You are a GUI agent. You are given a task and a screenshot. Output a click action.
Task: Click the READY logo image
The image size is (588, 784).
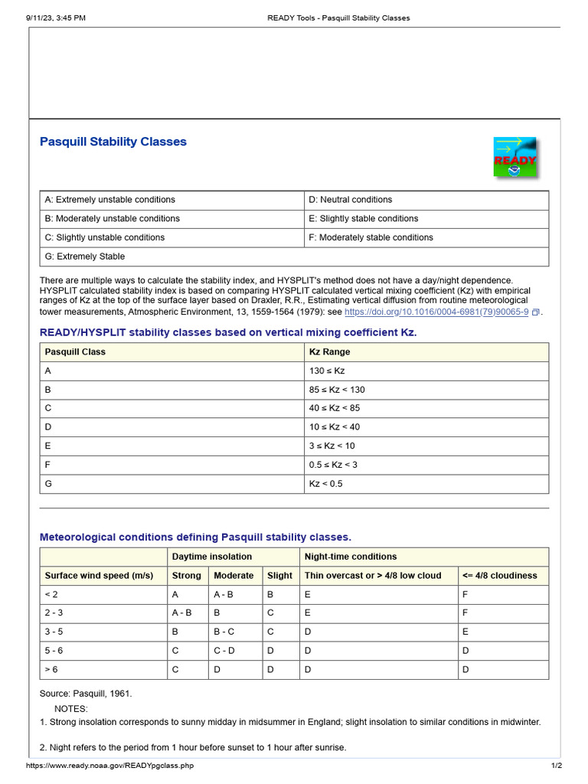(514, 158)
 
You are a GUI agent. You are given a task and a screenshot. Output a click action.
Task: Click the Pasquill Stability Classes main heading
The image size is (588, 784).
(113, 142)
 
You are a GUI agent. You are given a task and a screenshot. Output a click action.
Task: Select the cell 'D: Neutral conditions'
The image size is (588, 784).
(350, 200)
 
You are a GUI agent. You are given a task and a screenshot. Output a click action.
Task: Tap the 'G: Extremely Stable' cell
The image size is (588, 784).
(84, 256)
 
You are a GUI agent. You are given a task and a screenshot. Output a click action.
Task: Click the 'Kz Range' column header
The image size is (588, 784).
(329, 352)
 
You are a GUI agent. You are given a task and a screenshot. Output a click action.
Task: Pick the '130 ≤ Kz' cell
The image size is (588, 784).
(327, 371)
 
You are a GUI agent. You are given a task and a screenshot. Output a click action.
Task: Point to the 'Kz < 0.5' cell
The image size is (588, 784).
(326, 484)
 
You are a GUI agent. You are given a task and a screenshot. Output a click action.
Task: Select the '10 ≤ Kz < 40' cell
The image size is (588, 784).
(334, 427)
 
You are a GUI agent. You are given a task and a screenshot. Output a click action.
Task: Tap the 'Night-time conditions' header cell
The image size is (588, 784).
(351, 557)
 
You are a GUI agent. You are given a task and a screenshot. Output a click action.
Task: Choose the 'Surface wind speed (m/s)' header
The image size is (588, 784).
(99, 576)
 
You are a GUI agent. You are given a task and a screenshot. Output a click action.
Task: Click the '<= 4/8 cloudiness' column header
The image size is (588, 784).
(499, 576)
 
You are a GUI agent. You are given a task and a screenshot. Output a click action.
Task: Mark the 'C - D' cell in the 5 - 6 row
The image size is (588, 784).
(224, 651)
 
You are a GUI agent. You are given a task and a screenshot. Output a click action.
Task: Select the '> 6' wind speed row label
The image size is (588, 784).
(51, 670)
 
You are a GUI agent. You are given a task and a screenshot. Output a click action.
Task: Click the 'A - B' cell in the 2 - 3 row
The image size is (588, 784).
(182, 613)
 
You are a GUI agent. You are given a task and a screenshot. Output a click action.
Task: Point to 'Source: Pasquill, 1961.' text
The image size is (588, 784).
(86, 694)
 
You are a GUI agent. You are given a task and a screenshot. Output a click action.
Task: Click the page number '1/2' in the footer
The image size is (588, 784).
(557, 766)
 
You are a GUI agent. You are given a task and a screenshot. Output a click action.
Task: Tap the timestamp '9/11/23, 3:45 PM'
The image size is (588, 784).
(56, 18)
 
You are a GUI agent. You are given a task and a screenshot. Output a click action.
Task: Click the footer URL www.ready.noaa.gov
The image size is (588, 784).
(110, 766)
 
